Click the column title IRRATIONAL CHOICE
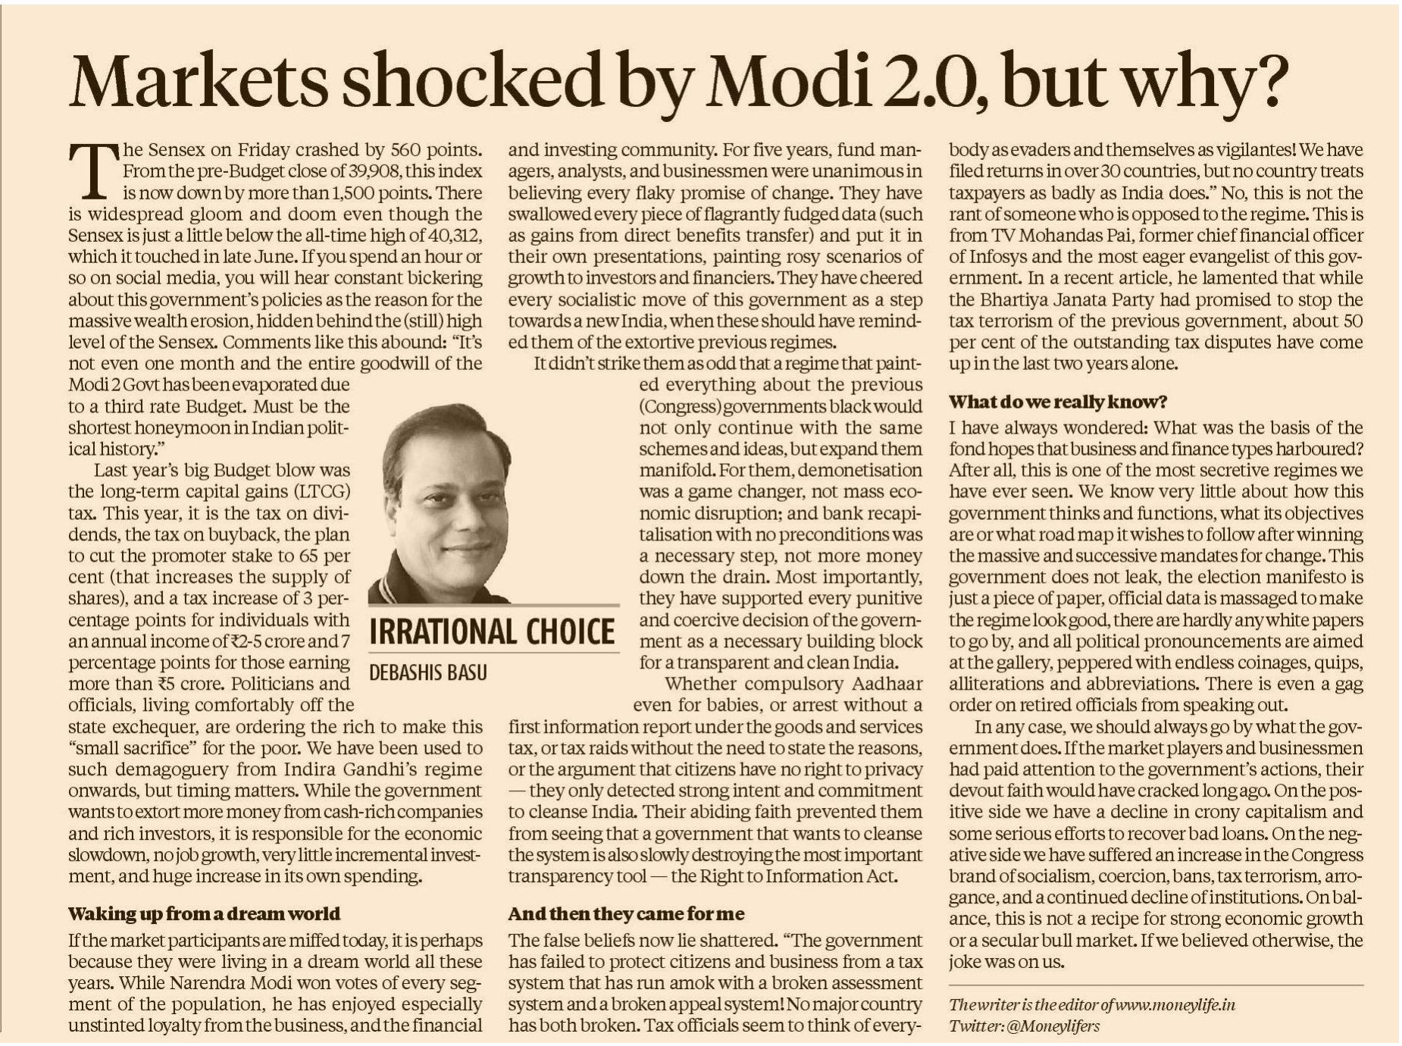pos(493,631)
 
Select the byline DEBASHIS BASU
pos(428,672)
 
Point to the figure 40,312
pos(446,235)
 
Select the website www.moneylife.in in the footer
pos(1174,1005)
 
